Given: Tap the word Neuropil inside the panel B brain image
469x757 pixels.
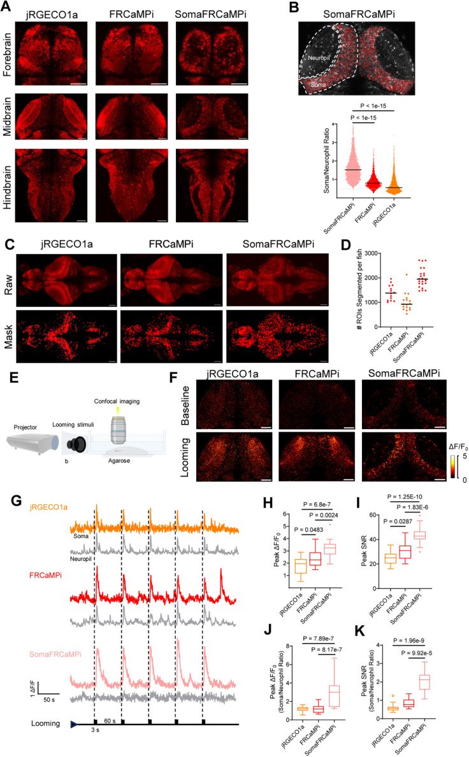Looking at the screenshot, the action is (x=319, y=58).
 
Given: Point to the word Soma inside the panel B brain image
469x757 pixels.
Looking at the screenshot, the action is (x=319, y=85).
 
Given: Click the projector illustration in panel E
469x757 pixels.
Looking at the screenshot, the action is (x=33, y=442).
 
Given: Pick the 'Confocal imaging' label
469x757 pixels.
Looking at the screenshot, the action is (x=117, y=401).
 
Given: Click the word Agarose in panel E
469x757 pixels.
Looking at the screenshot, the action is (x=119, y=460).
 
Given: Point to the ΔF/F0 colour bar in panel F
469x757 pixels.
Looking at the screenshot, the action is (x=453, y=465).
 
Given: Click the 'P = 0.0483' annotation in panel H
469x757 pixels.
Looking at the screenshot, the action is (x=308, y=530).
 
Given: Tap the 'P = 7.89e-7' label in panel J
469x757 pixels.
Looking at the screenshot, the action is (x=318, y=639).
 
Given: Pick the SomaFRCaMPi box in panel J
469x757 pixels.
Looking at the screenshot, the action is (x=334, y=696).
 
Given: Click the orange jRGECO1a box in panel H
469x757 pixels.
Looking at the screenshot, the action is (x=300, y=565).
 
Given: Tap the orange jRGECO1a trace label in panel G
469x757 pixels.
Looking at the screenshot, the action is (x=48, y=507).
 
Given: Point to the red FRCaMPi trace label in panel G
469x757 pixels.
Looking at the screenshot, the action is (x=45, y=576).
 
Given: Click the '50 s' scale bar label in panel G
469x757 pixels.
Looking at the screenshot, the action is (x=49, y=700).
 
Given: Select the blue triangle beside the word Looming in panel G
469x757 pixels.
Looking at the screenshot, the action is (x=74, y=724).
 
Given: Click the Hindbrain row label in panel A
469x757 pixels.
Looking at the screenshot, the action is (x=7, y=187).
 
